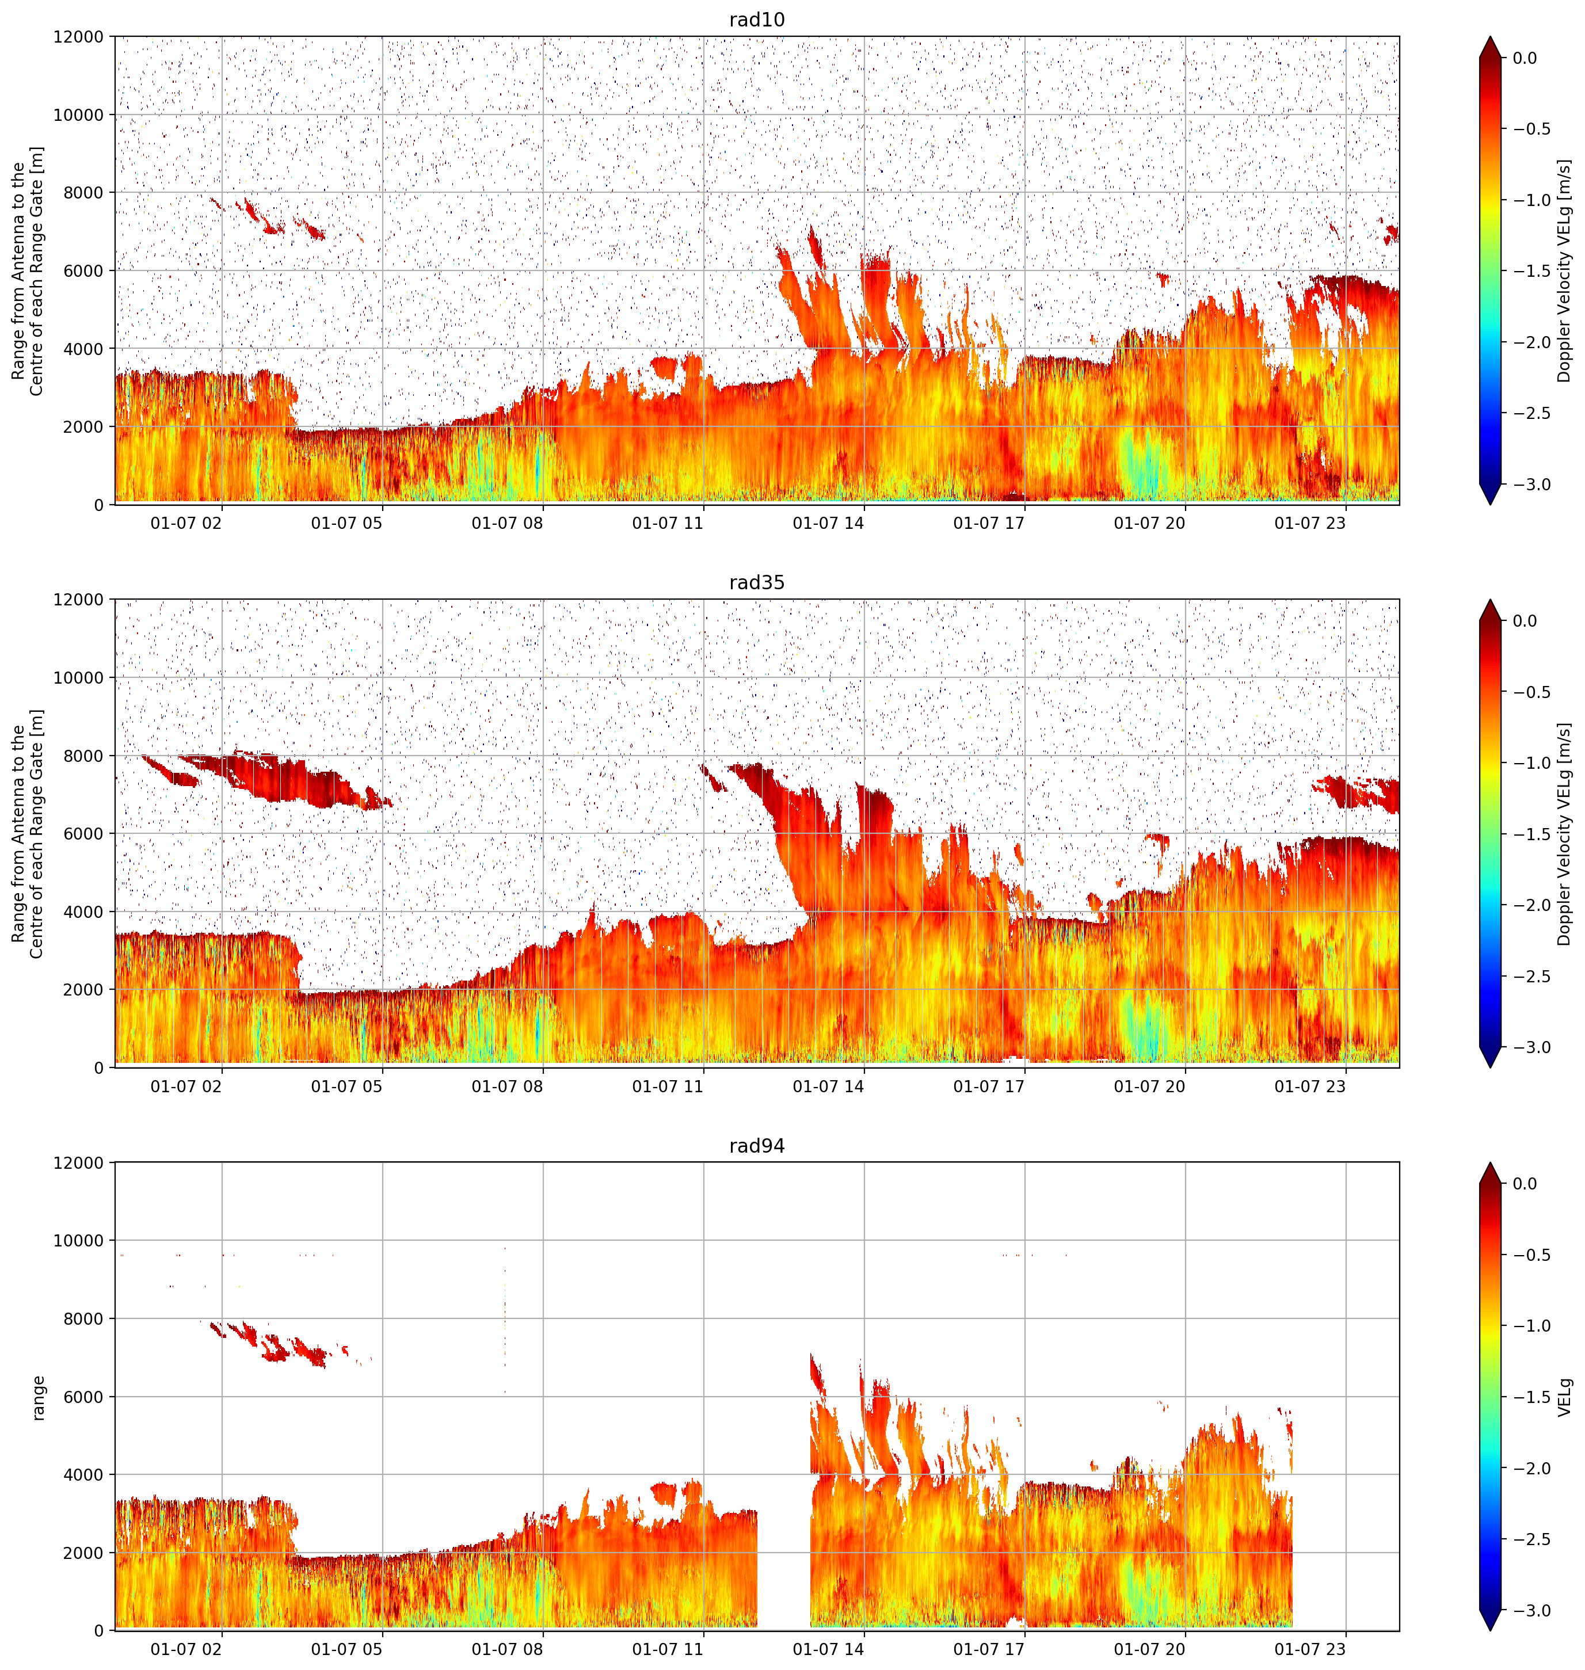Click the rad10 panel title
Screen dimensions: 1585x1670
click(757, 20)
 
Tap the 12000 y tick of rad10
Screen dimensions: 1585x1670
click(79, 37)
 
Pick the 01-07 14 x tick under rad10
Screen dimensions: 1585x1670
click(828, 523)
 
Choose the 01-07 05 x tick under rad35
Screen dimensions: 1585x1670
click(346, 1086)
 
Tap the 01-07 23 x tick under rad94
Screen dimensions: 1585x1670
click(1309, 1649)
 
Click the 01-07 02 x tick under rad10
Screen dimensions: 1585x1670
click(186, 523)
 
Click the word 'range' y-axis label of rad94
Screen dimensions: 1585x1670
click(37, 1397)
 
